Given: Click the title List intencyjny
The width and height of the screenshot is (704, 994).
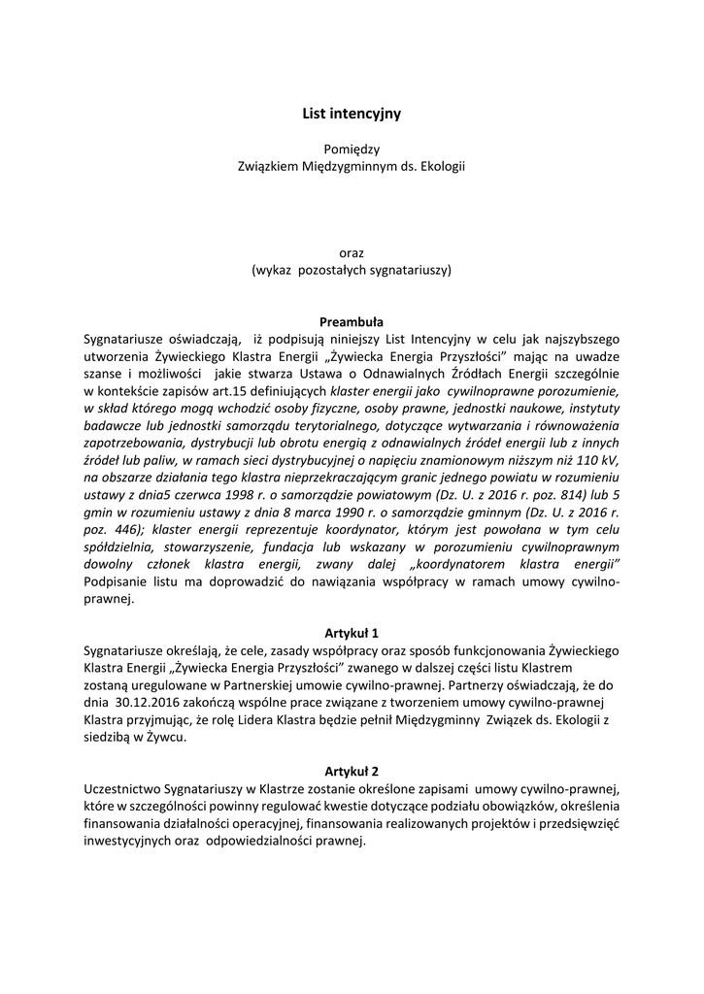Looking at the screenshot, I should coord(352,114).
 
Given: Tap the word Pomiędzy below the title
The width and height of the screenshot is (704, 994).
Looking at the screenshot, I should coord(352,149).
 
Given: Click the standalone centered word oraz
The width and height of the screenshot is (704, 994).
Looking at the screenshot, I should coord(352,252).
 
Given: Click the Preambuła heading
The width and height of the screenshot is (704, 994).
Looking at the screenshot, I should coord(352,321).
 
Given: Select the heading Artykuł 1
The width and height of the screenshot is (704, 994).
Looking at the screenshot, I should coord(352,632).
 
